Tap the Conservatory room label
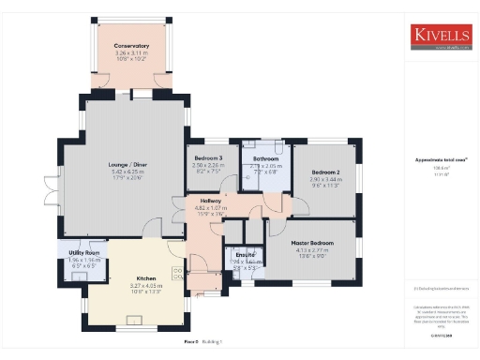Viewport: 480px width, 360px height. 132,46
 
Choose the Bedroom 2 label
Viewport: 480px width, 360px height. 325,172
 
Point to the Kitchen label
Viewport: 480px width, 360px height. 145,279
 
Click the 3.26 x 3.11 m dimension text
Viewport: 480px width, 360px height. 132,53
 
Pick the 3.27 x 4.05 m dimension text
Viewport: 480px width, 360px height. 145,286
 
